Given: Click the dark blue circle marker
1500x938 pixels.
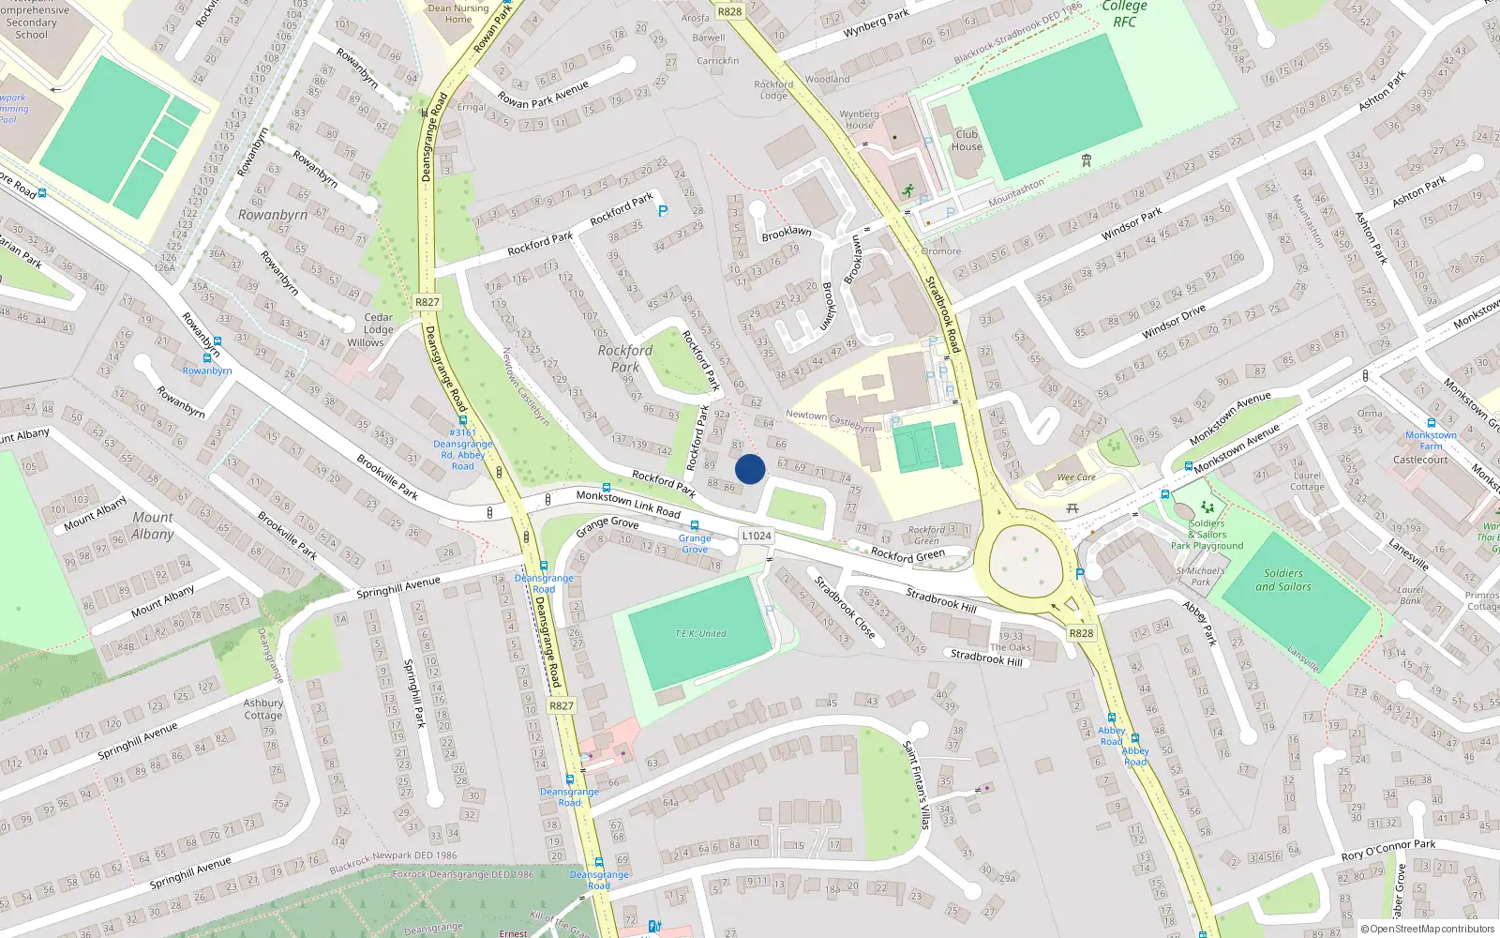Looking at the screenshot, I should pyautogui.click(x=750, y=469).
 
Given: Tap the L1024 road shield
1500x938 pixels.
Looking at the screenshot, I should pyautogui.click(x=757, y=537).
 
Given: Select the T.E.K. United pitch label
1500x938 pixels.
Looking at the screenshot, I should pyautogui.click(x=700, y=634).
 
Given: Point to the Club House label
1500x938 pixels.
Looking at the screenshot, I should pyautogui.click(x=967, y=140).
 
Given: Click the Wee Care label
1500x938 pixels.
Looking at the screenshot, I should pyautogui.click(x=1076, y=477).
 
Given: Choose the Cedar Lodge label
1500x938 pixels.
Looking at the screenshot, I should pyautogui.click(x=379, y=324).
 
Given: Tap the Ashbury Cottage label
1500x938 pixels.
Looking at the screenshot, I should pyautogui.click(x=263, y=709).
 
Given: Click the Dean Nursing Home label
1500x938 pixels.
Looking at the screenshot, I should pyautogui.click(x=458, y=13).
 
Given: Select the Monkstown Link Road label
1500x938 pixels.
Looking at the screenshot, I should pyautogui.click(x=628, y=504).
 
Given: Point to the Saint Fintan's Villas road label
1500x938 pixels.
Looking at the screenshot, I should pyautogui.click(x=916, y=784).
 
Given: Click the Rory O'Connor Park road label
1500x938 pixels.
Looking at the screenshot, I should pyautogui.click(x=1388, y=850).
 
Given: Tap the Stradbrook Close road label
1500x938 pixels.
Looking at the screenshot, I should pyautogui.click(x=845, y=608).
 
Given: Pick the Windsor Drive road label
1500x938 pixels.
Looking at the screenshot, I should pyautogui.click(x=1174, y=322).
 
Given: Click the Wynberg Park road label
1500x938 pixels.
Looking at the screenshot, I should pyautogui.click(x=876, y=23).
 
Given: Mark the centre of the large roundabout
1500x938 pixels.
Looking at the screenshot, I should pyautogui.click(x=1027, y=561).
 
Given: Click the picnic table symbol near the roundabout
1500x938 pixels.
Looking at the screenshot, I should pyautogui.click(x=1072, y=508).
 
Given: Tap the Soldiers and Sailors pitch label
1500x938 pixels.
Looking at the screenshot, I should pyautogui.click(x=1283, y=580).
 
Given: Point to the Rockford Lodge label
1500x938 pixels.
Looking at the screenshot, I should pyautogui.click(x=773, y=90).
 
